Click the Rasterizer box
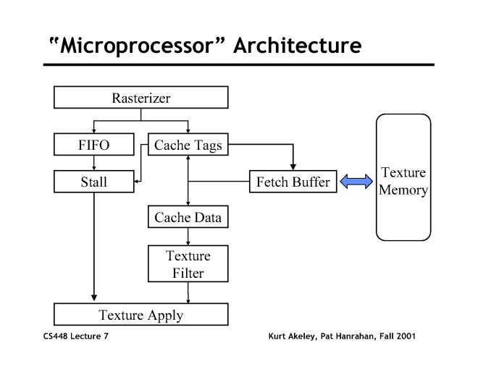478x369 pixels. coord(141,98)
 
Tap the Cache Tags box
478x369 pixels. coord(188,145)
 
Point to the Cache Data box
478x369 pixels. coord(188,216)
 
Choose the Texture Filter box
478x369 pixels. coord(188,264)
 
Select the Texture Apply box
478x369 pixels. coord(141,315)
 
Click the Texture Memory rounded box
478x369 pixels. coord(403,177)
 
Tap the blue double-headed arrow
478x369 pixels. coord(355,182)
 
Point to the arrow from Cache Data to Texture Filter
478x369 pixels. coord(188,236)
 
